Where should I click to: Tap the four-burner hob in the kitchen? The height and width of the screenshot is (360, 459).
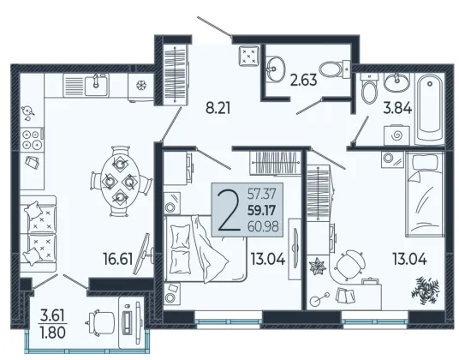(32, 140)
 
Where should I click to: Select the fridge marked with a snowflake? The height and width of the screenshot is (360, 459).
(140, 87)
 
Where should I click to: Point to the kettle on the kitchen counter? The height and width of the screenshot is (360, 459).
(28, 111)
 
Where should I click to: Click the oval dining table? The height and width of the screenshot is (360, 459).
(120, 182)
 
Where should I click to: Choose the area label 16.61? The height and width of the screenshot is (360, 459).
(118, 259)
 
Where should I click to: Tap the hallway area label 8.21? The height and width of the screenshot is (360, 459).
(218, 108)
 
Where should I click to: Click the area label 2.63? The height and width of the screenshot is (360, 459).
(303, 80)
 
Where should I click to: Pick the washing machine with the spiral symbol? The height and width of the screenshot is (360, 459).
(396, 135)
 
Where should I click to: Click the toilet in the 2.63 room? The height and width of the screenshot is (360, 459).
(334, 69)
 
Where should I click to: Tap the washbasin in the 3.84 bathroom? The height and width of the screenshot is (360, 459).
(396, 82)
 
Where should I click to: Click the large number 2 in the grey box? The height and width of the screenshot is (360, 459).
(229, 210)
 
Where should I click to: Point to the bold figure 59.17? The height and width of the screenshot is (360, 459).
(262, 210)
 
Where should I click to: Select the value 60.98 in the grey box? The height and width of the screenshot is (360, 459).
(263, 226)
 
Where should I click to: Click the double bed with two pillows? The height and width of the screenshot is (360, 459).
(205, 249)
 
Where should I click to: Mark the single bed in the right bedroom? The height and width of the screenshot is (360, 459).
(425, 195)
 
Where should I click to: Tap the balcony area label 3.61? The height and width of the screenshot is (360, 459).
(52, 316)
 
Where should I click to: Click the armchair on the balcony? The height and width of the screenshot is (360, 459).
(101, 322)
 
